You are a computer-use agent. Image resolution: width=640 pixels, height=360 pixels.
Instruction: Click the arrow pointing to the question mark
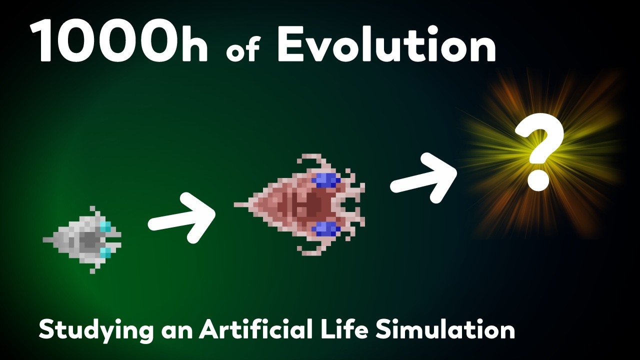coord(423,177)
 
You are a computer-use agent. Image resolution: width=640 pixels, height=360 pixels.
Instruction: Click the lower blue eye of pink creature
coord(326,229)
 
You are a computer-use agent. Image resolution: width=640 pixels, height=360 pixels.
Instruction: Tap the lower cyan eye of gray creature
coord(105,252)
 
